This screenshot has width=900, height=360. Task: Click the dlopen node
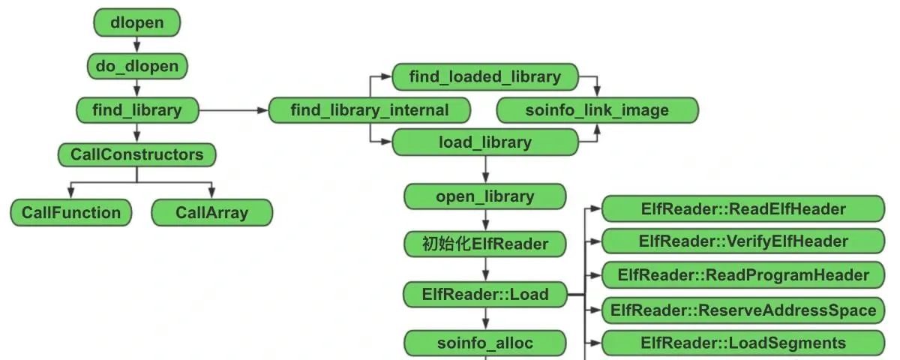[x=137, y=22]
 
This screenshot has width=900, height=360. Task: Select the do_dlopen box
[x=137, y=66]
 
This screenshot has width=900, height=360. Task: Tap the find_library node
[x=137, y=110]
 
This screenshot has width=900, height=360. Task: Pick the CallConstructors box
[x=137, y=154]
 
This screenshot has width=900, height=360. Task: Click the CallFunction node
[x=71, y=212]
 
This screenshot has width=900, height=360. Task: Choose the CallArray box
[x=212, y=212]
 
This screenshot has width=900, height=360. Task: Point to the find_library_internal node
[x=370, y=110]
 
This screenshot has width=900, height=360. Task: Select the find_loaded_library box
[x=485, y=76]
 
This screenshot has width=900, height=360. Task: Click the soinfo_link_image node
[x=598, y=110]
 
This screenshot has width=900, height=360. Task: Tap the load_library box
[x=485, y=142]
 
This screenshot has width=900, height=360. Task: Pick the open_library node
[x=485, y=196]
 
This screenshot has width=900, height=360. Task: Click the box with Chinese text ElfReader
[x=485, y=244]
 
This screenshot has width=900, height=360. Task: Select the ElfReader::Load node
[x=485, y=295]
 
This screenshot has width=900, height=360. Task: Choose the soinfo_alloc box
[x=485, y=343]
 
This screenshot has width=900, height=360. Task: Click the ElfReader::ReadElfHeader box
[x=743, y=209]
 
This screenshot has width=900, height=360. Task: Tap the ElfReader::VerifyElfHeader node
[x=743, y=241]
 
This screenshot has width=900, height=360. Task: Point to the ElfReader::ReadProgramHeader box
[x=743, y=274]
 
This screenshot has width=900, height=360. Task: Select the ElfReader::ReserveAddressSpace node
[x=743, y=310]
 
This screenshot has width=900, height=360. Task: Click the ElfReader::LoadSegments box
[x=743, y=343]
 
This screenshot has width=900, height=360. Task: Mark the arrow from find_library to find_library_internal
[x=234, y=110]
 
